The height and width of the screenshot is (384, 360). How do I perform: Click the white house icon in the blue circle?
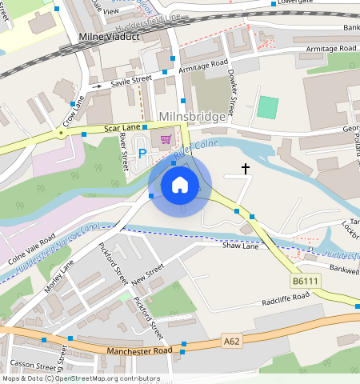tap(180, 185)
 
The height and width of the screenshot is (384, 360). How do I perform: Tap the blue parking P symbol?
tap(142, 153)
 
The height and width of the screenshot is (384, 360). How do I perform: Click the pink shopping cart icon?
tap(166, 139)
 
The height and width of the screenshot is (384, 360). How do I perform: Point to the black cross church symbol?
tap(245, 169)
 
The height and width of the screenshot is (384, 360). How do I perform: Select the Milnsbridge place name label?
tap(193, 117)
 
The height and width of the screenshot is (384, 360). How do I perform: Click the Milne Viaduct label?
tap(109, 38)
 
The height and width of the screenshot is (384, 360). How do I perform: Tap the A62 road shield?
tap(232, 341)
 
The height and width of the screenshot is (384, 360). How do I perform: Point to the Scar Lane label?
tap(122, 128)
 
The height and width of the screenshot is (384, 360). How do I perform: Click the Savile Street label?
tap(131, 81)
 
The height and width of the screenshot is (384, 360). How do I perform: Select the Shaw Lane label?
tap(240, 246)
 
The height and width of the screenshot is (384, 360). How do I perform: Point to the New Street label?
tap(147, 277)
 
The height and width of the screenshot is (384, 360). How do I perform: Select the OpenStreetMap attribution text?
tap(80, 378)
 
